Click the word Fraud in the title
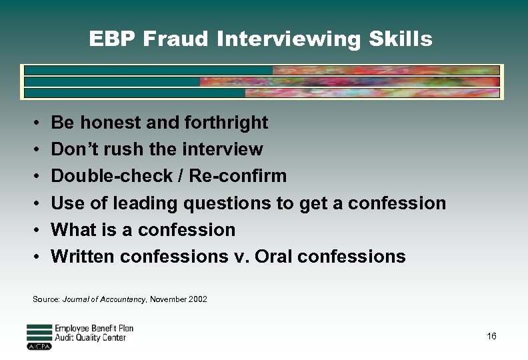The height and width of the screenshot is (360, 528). [179, 39]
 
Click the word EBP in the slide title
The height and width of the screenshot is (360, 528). [113, 39]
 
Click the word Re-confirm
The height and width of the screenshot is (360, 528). [238, 176]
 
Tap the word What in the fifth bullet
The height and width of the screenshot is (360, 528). [73, 229]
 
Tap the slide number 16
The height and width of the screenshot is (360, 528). [491, 336]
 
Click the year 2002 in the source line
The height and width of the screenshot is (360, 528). [197, 299]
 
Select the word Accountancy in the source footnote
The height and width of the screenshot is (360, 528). [122, 299]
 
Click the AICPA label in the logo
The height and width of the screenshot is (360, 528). [38, 347]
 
